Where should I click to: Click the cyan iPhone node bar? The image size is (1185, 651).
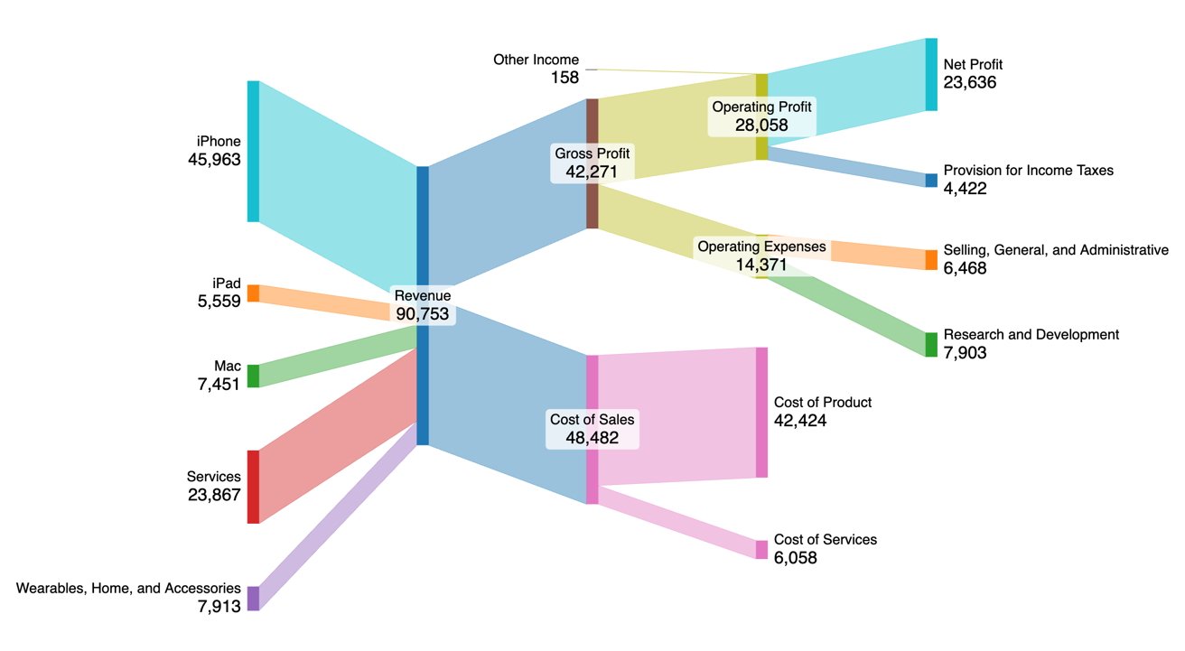253,151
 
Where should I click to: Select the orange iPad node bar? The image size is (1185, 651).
253,293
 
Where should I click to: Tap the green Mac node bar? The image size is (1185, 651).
253,376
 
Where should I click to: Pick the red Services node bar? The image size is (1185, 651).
253,486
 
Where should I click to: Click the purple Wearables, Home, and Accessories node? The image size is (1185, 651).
253,598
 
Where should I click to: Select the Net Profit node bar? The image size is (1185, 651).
931,74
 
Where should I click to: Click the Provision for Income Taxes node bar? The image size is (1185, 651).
931,180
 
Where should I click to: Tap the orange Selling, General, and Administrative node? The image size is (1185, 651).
931,259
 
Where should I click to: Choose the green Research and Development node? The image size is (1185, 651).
931,344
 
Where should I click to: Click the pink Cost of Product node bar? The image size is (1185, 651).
761,412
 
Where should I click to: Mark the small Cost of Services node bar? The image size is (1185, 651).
761,549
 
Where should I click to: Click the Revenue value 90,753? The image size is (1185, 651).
423,313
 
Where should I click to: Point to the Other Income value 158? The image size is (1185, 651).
565,78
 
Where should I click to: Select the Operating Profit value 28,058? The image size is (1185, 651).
761,125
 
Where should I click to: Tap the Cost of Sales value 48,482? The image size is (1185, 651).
592,437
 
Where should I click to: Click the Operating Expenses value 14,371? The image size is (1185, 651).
761,265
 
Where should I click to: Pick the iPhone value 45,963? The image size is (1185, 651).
214,160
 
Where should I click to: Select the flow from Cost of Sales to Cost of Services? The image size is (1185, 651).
677,522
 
